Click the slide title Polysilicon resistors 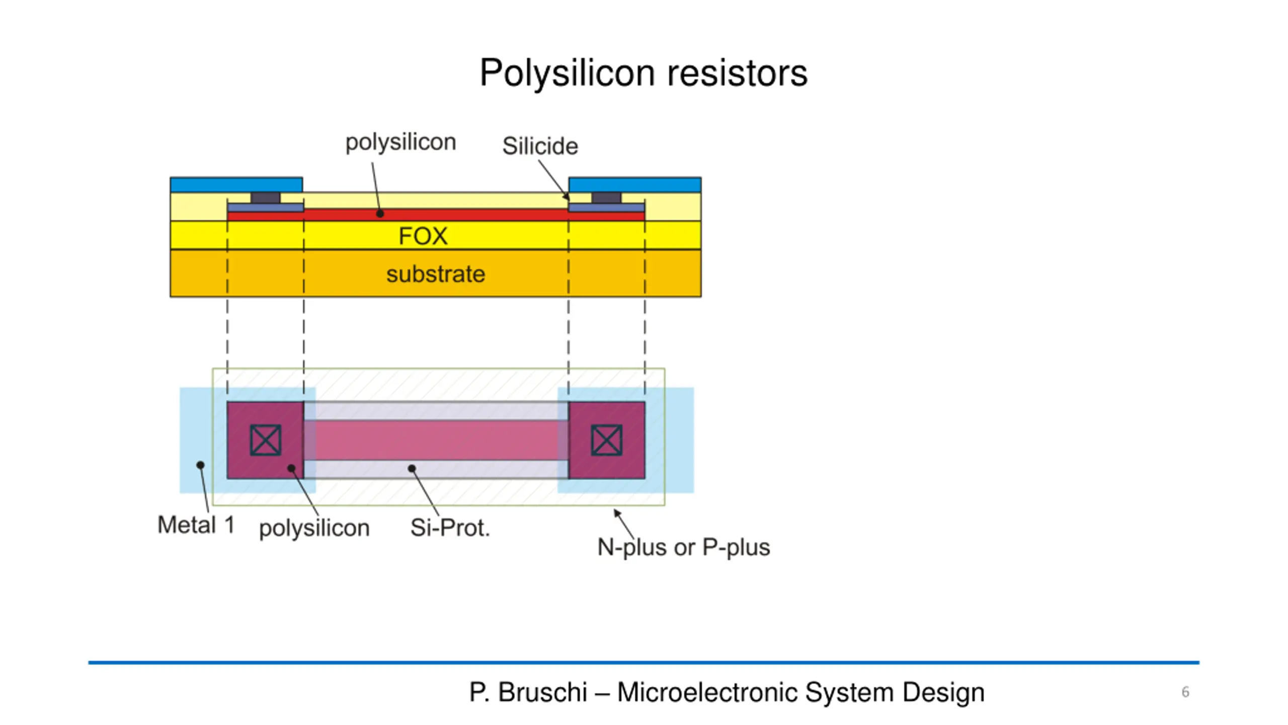click(643, 73)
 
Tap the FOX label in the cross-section click(423, 236)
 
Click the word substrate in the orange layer click(436, 274)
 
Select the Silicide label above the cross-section click(540, 146)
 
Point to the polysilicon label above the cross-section click(400, 142)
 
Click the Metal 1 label click(196, 525)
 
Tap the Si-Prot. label click(450, 528)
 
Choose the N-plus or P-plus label click(683, 547)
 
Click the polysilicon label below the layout click(314, 528)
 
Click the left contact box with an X click(266, 440)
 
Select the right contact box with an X click(607, 440)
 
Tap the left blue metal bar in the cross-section click(236, 185)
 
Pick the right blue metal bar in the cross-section click(635, 185)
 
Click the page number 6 click(1185, 692)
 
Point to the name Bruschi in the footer click(542, 692)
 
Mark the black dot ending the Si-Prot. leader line click(412, 469)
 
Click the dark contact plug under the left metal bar click(266, 198)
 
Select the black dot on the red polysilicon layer click(380, 214)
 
